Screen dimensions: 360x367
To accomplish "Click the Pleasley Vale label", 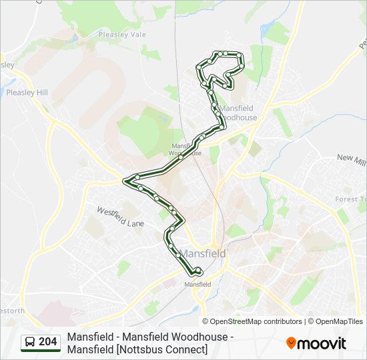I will click(x=122, y=34).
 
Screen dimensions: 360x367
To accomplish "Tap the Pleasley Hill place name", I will click(x=27, y=93).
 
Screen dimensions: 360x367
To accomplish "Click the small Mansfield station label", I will click(x=198, y=284).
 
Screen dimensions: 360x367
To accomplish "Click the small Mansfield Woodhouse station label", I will click(x=186, y=149).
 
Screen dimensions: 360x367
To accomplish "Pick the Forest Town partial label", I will click(x=351, y=199).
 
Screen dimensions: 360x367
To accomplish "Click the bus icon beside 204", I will click(x=30, y=343).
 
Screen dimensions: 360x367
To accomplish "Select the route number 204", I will click(x=48, y=343).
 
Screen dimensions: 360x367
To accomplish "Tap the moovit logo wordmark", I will click(x=322, y=343).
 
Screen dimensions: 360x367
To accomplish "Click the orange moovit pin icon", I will click(x=291, y=343).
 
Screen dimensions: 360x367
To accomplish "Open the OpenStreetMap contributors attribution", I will click(x=256, y=321).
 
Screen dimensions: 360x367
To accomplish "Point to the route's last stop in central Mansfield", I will click(x=198, y=270).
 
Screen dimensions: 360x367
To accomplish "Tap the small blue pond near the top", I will click(x=266, y=30).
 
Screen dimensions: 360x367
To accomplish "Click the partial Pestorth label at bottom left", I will click(x=12, y=311).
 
